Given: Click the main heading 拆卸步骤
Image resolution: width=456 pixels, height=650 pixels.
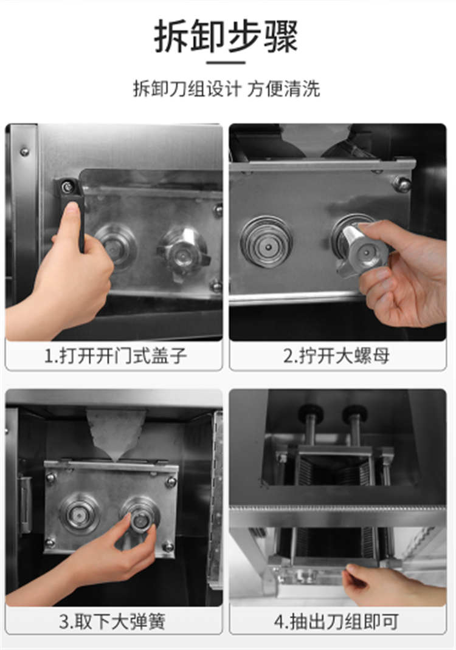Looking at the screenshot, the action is click(226, 37).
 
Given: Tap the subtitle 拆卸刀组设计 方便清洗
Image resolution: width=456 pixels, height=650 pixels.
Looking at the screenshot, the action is click(227, 89).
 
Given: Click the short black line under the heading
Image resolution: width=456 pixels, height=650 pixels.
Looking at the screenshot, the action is click(226, 63).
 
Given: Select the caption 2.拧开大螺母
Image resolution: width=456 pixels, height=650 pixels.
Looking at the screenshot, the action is click(336, 356).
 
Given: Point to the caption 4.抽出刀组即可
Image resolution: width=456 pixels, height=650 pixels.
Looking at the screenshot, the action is click(336, 621).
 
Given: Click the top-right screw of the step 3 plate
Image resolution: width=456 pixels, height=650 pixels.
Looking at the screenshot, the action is click(170, 482).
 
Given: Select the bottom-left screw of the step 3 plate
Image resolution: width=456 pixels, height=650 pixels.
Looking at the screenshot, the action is click(50, 542).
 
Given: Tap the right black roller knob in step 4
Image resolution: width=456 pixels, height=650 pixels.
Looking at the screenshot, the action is click(354, 412).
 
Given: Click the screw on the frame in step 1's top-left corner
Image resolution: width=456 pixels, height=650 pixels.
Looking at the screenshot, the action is click(24, 152).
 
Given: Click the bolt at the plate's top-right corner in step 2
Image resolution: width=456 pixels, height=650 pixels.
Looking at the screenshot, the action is click(402, 183).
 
